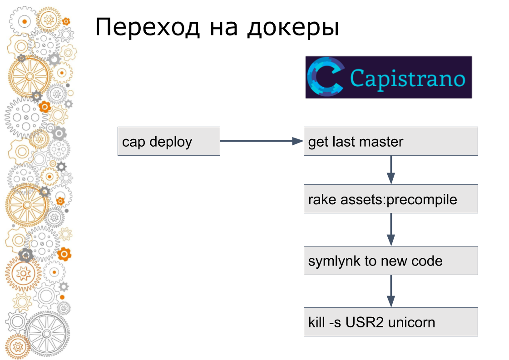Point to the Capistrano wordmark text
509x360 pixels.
[x=408, y=78]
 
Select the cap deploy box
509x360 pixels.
[x=168, y=141]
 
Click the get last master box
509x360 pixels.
[x=390, y=141]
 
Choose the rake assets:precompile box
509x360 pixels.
[x=390, y=199]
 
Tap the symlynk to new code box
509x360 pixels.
[x=390, y=261]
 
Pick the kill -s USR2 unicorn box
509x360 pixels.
[x=390, y=322]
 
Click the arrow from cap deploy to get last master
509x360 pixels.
[x=262, y=141]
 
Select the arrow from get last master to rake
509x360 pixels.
[x=391, y=170]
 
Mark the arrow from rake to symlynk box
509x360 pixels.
[x=391, y=230]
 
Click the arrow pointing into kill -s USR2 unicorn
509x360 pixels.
[x=391, y=291]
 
